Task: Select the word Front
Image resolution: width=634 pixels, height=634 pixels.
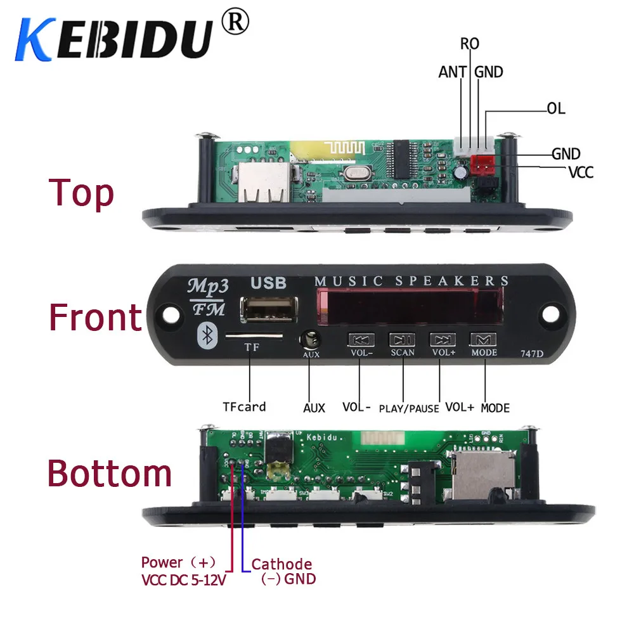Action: [95, 317]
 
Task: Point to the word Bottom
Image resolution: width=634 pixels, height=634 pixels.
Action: [110, 474]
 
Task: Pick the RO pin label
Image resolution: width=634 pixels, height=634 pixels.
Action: [470, 44]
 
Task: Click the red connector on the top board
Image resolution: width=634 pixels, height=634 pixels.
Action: [484, 164]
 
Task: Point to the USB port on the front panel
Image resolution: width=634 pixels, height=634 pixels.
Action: [262, 309]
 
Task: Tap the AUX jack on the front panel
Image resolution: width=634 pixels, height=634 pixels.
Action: [311, 340]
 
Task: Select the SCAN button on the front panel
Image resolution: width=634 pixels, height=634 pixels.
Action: [402, 340]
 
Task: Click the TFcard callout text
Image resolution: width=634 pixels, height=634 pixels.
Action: [244, 406]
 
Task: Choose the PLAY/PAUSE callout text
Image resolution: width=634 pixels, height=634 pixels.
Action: [409, 408]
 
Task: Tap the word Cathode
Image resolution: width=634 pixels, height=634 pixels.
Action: [281, 564]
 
